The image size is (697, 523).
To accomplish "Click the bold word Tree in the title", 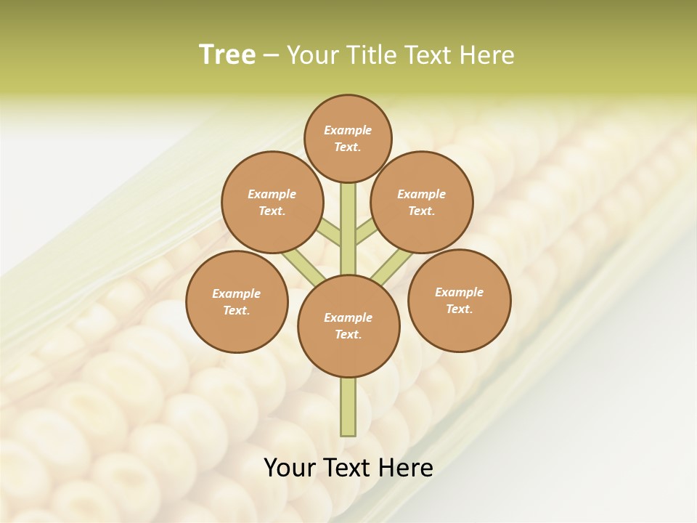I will tap(227, 55).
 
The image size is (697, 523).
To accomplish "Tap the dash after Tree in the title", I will tap(271, 56).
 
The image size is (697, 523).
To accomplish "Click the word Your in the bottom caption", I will tap(289, 468).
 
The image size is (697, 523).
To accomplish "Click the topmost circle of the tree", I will tap(348, 138).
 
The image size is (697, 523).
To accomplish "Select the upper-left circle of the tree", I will tap(272, 202).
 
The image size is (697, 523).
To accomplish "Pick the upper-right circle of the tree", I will tap(422, 202).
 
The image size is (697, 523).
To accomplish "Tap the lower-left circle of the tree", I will tap(237, 301).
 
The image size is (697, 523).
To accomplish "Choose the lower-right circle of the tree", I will tap(460, 300).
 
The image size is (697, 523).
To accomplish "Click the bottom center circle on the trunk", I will tap(348, 325).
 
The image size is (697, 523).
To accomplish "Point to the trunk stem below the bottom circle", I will tap(348, 407).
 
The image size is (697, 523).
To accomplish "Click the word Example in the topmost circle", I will tap(348, 130).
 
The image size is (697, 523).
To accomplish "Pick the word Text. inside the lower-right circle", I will tap(460, 309).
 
